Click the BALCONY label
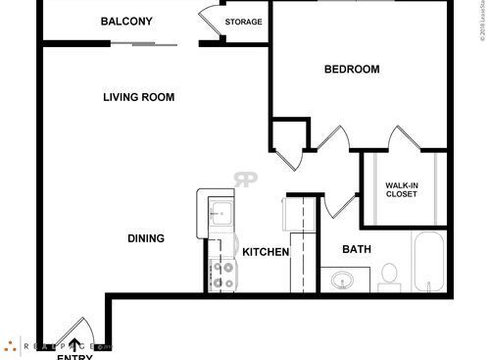[x=127, y=21]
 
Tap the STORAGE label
[x=243, y=22]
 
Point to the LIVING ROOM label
[x=139, y=97]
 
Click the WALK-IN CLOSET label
[x=401, y=189]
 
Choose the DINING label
[x=145, y=238]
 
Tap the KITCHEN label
[x=266, y=252]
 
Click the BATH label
[x=356, y=249]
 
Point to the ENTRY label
[x=74, y=355]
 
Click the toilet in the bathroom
[x=388, y=274]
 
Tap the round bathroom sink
[x=342, y=281]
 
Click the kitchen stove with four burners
[x=222, y=273]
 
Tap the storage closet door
[x=211, y=22]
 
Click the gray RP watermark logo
[x=245, y=180]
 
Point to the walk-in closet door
[x=400, y=139]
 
